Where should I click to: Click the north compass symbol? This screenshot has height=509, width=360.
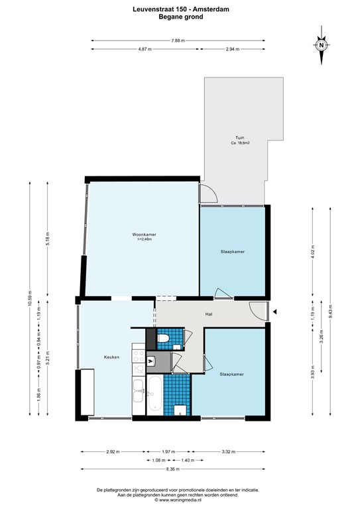pos(322,46)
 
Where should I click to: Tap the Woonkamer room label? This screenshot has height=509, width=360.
pos(144,235)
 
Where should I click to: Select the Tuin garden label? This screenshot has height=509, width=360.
pos(240,138)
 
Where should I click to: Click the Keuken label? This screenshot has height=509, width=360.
pos(111,357)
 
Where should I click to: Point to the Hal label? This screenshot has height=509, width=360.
pos(209,314)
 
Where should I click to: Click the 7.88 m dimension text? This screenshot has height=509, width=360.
pos(178,40)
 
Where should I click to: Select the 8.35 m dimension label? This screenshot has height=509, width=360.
pos(172,469)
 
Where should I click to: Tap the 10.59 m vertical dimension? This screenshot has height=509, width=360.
pos(30,299)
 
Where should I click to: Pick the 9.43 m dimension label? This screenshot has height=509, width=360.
pos(330,311)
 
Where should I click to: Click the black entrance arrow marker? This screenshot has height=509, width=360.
pos(274,312)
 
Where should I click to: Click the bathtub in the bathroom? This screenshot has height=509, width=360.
pos(155,394)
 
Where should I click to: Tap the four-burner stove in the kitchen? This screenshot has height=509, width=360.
pos(139,356)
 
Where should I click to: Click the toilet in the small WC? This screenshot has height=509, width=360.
pos(163,338)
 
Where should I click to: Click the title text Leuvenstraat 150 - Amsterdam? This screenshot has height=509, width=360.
pos(181,9)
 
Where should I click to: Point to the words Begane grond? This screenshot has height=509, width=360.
pos(181,17)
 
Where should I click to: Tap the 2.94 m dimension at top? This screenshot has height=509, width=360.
pos(233,49)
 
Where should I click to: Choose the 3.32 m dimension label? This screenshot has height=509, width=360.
pos(229,451)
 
